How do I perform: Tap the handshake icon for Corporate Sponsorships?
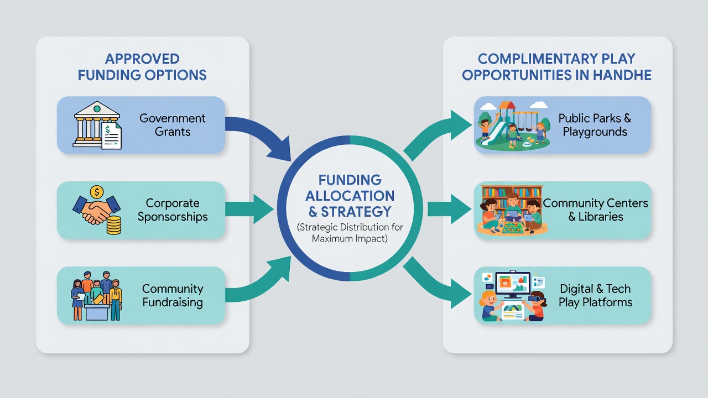(x=96, y=210)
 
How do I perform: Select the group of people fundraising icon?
(x=97, y=296)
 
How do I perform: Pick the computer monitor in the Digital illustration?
(x=513, y=285)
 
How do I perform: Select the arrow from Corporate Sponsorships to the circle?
(x=249, y=209)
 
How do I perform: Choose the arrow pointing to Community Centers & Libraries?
(x=449, y=209)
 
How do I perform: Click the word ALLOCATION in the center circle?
(x=350, y=196)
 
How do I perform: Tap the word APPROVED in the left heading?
(x=142, y=59)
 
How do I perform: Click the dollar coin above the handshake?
(x=97, y=191)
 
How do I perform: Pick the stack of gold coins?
(x=114, y=225)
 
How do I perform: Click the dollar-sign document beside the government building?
(x=111, y=135)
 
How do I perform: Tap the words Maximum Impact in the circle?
(x=349, y=238)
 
